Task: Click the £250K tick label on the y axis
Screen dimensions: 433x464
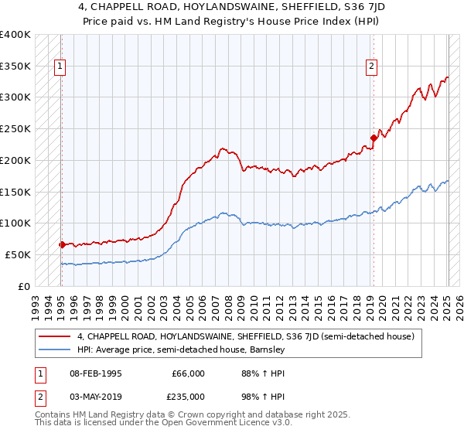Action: click(15, 129)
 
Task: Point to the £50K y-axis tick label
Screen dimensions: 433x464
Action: click(18, 254)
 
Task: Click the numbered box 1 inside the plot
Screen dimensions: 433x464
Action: click(60, 67)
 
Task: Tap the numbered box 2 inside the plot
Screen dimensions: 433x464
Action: click(372, 67)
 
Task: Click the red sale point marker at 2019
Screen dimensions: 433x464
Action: click(373, 138)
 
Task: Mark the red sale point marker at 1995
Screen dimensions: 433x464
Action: click(62, 244)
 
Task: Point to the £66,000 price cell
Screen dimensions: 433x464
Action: click(188, 373)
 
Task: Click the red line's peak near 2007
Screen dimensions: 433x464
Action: click(223, 148)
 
